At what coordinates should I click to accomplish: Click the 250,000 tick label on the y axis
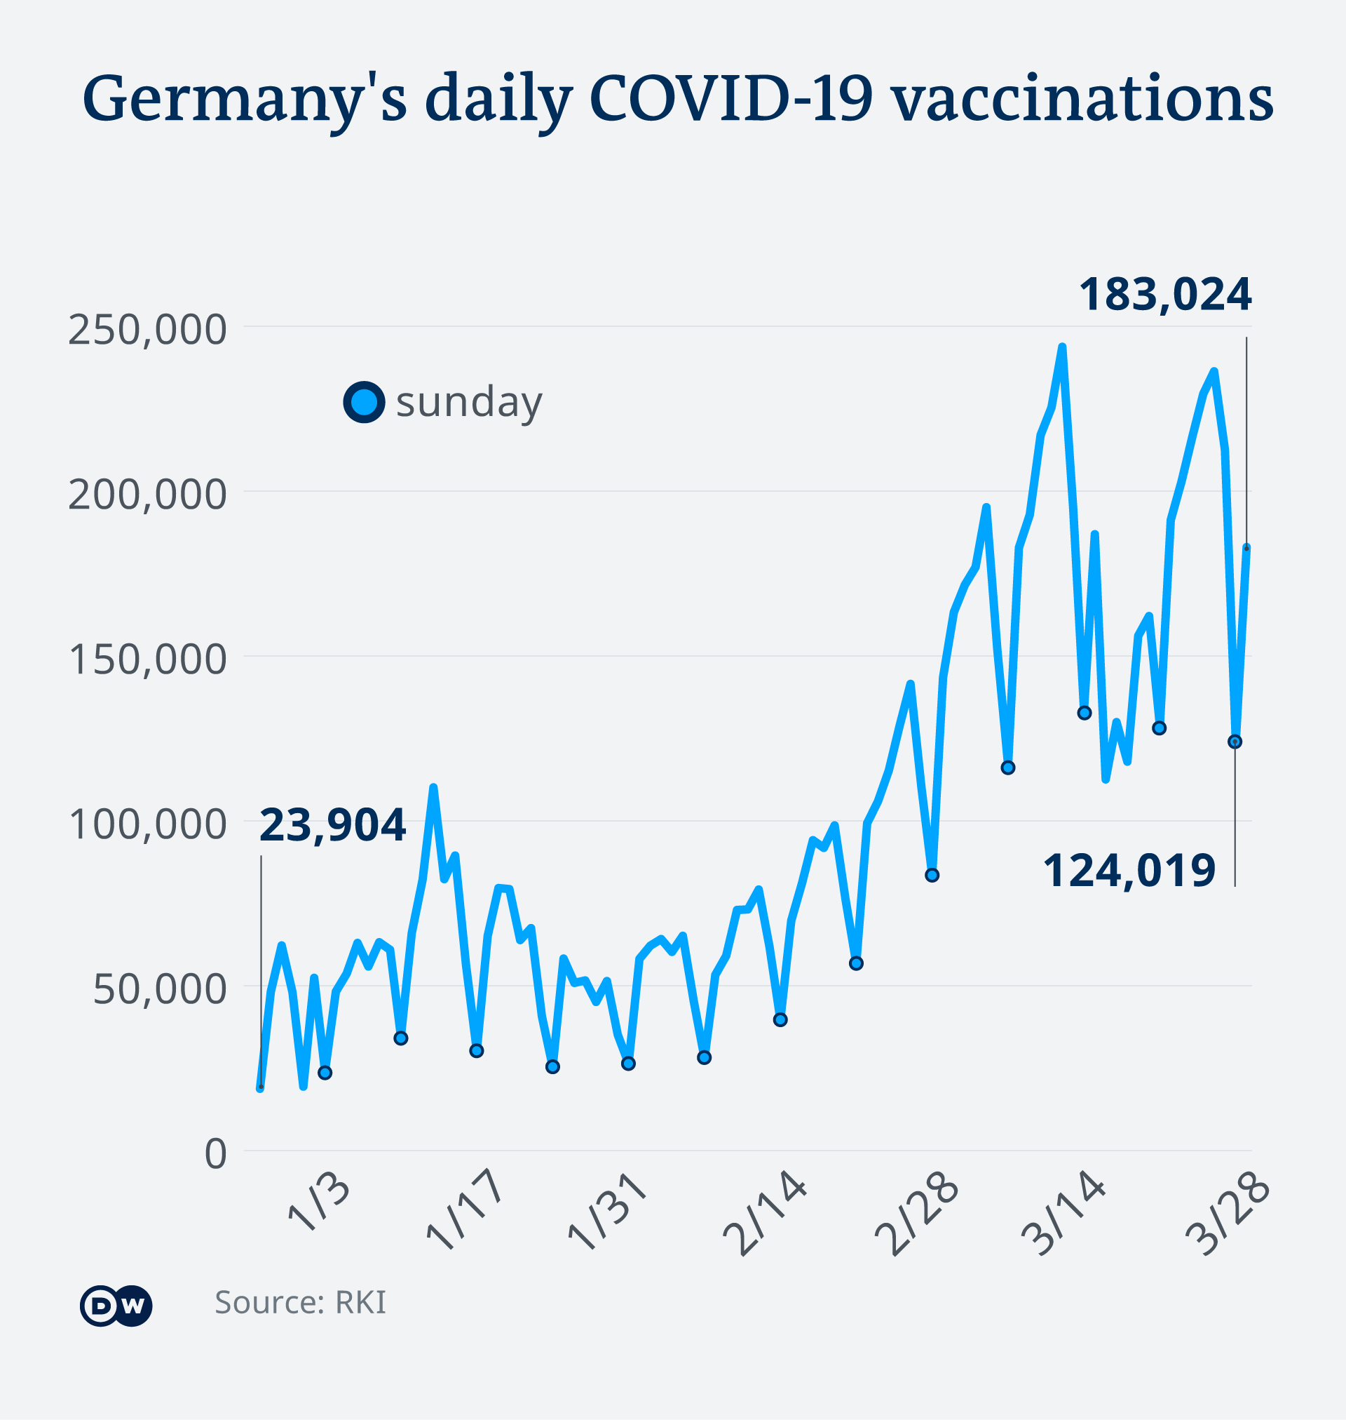point(147,330)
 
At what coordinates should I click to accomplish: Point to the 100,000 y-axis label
point(147,824)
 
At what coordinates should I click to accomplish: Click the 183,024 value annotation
point(1165,295)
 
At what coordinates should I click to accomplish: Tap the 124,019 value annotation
point(1129,871)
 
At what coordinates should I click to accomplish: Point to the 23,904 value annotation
point(332,825)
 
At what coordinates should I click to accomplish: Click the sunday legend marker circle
point(365,401)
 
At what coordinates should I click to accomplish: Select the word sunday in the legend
point(469,403)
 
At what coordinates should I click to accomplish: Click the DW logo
point(116,1306)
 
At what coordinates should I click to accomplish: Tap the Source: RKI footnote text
point(300,1302)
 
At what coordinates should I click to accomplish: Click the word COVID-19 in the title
point(731,98)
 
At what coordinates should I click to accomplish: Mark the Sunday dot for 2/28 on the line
point(932,875)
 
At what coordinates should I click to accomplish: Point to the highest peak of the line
point(1063,347)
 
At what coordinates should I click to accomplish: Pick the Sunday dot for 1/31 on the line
point(629,1063)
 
